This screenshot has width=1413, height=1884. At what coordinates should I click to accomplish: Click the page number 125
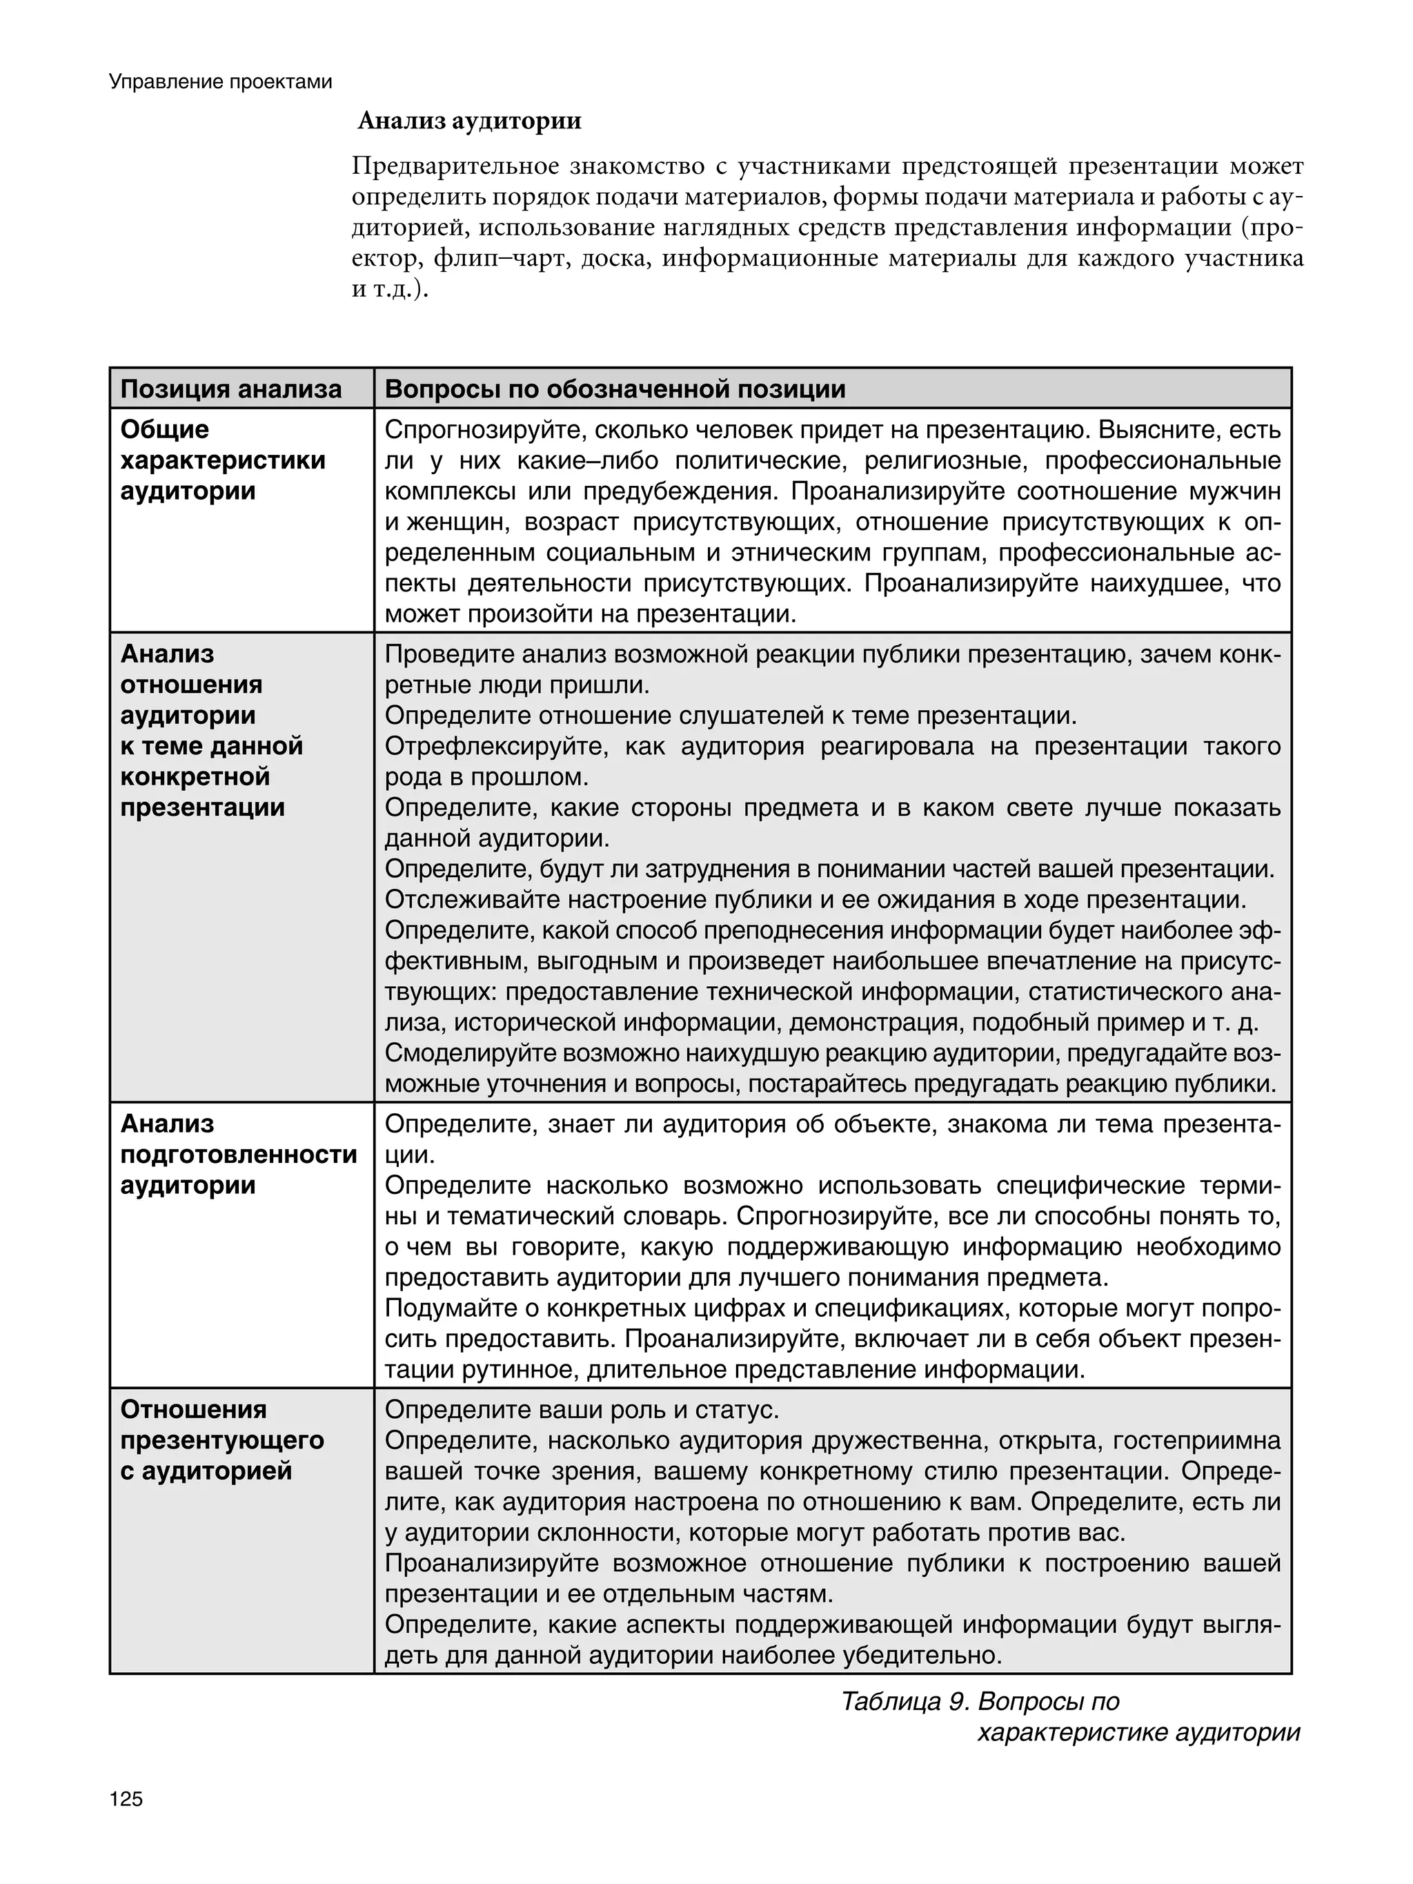pyautogui.click(x=126, y=1799)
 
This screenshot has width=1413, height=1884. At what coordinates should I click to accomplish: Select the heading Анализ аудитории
pyautogui.click(x=469, y=121)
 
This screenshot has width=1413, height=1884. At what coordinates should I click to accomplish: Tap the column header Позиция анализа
pyautogui.click(x=231, y=389)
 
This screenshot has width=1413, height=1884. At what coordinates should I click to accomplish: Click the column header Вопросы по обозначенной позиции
pyautogui.click(x=615, y=389)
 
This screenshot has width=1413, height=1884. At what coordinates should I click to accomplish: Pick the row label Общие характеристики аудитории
pyautogui.click(x=222, y=460)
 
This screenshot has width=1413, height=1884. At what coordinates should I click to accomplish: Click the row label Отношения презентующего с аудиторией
pyautogui.click(x=221, y=1440)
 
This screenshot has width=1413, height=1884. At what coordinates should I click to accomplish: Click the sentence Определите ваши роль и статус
pyautogui.click(x=582, y=1410)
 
